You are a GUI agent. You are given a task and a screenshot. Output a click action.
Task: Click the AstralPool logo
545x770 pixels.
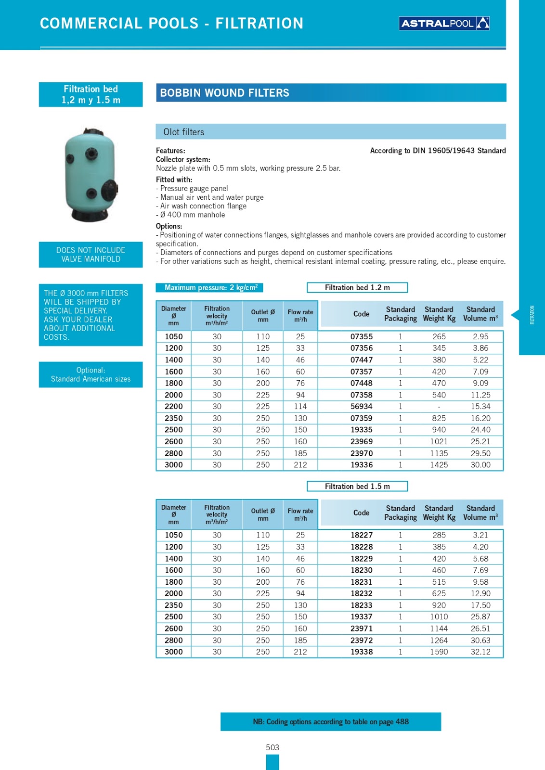tap(444, 23)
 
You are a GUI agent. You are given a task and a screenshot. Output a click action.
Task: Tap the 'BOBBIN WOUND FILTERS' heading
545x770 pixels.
tap(224, 93)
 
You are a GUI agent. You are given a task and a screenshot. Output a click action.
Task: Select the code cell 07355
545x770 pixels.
tap(361, 336)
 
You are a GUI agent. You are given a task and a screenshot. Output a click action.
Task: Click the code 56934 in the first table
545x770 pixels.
tap(361, 407)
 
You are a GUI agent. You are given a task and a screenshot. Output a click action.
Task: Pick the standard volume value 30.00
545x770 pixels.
tap(480, 465)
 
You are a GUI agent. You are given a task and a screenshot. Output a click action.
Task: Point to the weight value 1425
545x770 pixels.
tap(439, 465)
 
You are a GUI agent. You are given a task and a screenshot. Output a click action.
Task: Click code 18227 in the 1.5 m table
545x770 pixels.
tap(361, 535)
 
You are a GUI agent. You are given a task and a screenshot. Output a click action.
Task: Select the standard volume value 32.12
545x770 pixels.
tap(480, 652)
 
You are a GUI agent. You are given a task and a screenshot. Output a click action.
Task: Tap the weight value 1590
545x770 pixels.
tap(439, 652)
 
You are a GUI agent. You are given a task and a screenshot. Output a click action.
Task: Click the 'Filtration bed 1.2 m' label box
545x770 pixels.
tap(357, 288)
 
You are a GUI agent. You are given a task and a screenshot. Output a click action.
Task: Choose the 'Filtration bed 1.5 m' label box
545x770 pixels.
tap(357, 487)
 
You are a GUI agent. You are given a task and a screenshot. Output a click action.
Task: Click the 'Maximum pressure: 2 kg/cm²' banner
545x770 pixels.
tap(210, 288)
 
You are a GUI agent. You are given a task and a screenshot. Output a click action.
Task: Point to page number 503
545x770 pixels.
tap(272, 747)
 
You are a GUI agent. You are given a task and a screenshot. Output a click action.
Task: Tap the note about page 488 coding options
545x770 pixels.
tap(331, 721)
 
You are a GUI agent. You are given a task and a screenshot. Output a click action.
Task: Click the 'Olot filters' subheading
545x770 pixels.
tap(184, 132)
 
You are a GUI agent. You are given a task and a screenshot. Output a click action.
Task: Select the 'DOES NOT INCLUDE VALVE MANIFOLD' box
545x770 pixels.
tap(91, 255)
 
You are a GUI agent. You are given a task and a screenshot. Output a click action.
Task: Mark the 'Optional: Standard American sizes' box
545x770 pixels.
tap(91, 374)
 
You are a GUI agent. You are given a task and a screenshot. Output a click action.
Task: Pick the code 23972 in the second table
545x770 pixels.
tap(361, 640)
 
